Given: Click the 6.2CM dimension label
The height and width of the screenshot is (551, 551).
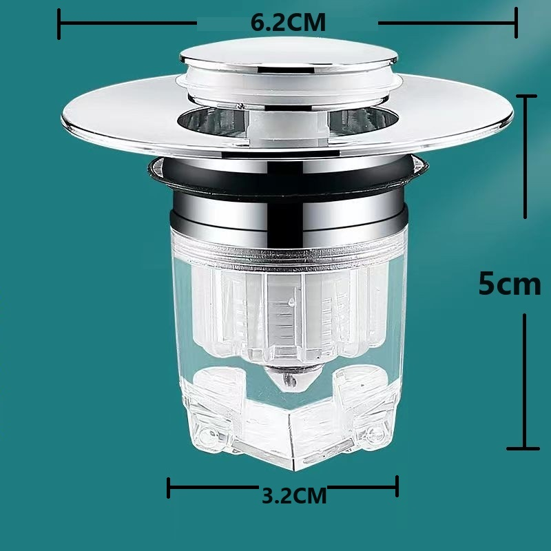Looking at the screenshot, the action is (288, 23).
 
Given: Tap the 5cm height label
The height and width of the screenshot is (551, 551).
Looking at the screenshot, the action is (510, 284).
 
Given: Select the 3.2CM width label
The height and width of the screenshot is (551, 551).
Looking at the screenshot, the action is (294, 495).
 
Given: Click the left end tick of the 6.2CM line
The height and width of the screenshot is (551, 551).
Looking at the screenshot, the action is (59, 24).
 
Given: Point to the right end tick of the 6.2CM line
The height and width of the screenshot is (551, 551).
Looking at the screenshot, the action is (516, 23).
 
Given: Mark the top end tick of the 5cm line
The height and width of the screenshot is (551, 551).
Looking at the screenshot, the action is (526, 96).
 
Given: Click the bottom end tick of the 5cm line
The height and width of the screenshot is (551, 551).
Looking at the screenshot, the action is (523, 449).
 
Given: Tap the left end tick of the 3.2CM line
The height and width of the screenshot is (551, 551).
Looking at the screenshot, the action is (168, 488).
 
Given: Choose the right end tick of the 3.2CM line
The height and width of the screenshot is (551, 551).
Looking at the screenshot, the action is (397, 486).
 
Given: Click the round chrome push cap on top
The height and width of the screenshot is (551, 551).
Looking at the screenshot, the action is (289, 56).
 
